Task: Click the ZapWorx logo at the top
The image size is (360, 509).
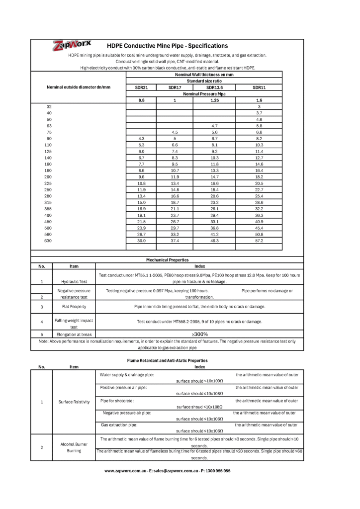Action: point(72,46)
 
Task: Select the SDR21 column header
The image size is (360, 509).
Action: point(141,87)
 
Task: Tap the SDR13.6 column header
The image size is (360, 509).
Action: point(214,87)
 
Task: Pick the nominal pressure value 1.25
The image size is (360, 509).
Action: point(214,100)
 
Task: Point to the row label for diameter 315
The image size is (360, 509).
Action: point(48,203)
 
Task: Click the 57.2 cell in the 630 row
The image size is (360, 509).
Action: point(259,241)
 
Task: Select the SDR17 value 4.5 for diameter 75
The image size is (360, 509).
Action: point(175,132)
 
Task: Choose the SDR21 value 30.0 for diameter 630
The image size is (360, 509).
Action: point(141,241)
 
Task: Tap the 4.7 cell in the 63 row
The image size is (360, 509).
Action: point(214,126)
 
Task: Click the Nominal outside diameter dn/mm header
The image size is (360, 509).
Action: point(78,87)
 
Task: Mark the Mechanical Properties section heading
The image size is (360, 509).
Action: point(167,260)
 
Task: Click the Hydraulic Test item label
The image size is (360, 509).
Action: point(74,281)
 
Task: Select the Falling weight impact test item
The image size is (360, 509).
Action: point(74,324)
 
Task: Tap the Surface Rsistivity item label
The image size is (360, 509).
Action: point(74,402)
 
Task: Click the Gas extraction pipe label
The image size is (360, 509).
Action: point(119,425)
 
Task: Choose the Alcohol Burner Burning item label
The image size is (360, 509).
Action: point(74,447)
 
